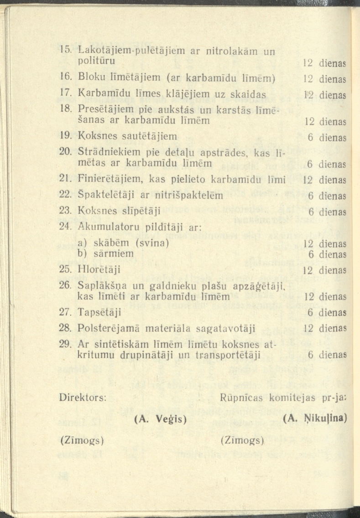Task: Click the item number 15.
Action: tap(66, 49)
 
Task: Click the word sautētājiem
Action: tap(150, 135)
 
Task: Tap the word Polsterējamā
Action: tap(106, 328)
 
